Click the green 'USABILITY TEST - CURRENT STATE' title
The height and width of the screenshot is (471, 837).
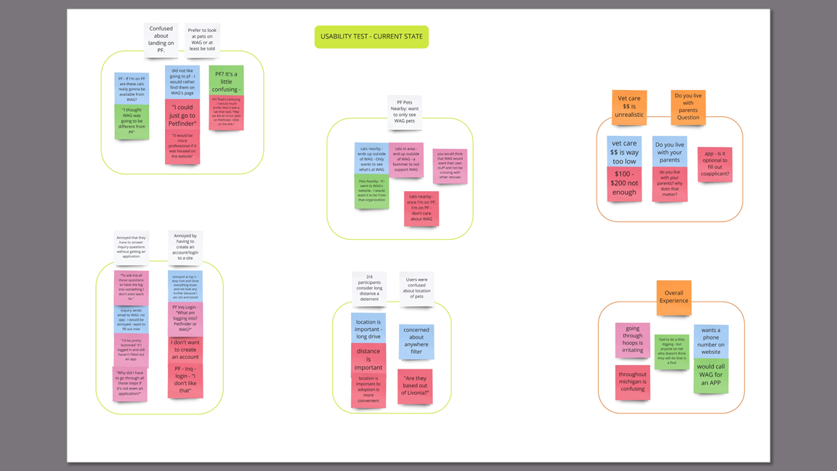click(x=371, y=36)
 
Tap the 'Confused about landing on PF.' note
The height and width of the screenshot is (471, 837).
click(x=161, y=39)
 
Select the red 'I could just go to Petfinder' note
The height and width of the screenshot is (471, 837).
click(x=182, y=115)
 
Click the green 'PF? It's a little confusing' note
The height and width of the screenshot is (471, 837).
click(x=226, y=80)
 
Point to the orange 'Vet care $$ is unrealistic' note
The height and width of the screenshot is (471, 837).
click(x=629, y=106)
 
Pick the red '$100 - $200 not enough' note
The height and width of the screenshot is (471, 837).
click(x=624, y=183)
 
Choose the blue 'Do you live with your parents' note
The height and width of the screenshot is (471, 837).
click(x=669, y=151)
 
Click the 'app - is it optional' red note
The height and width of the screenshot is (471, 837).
click(x=714, y=164)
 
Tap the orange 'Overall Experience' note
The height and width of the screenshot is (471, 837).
click(x=674, y=297)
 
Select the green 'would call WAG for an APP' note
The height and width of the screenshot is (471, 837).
click(x=711, y=376)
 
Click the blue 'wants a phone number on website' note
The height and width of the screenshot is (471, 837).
click(x=711, y=341)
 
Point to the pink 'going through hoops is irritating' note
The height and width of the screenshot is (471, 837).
click(x=633, y=339)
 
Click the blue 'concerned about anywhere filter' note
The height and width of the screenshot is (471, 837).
click(x=416, y=340)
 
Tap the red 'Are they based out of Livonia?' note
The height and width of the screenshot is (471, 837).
click(x=416, y=386)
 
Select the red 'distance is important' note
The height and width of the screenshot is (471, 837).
click(x=368, y=358)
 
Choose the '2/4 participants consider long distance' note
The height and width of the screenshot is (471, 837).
click(x=369, y=288)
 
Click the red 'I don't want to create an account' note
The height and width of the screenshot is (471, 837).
click(x=185, y=350)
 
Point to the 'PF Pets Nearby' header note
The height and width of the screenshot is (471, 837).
click(x=405, y=111)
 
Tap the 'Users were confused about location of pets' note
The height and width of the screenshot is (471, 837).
click(x=416, y=288)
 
